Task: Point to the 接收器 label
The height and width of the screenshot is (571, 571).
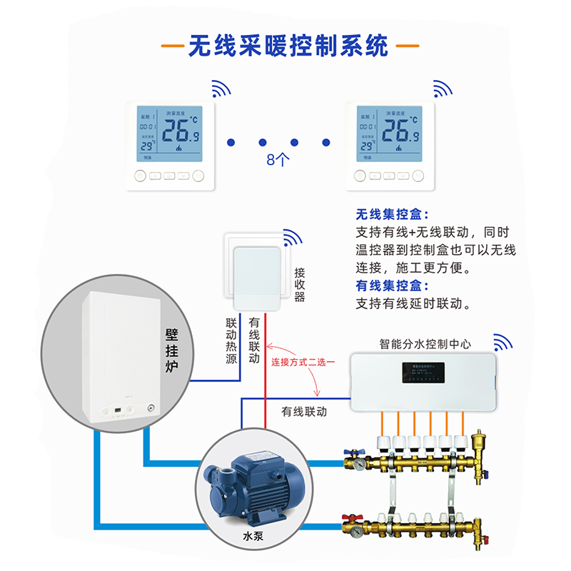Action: [300, 284]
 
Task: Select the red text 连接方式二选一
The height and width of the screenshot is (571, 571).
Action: [303, 363]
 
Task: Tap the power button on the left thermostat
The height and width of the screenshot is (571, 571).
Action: [141, 175]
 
